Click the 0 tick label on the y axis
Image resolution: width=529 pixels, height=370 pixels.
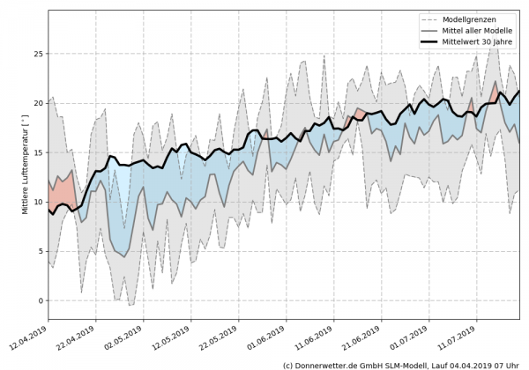point(40,300)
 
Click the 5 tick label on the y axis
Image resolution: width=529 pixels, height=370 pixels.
point(40,251)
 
